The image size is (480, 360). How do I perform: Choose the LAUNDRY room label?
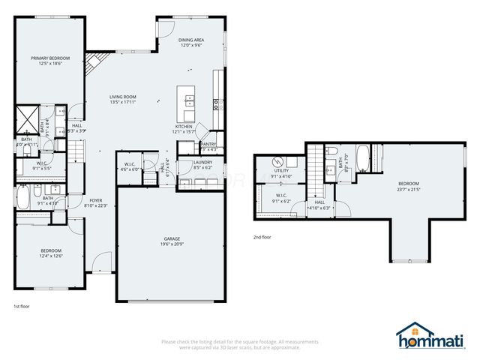[x=202, y=162]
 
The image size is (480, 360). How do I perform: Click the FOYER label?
[x=96, y=200]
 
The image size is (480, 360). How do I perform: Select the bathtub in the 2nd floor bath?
[x=362, y=160]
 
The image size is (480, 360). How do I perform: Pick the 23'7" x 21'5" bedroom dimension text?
[x=409, y=189]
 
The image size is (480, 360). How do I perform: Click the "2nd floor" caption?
[x=262, y=237]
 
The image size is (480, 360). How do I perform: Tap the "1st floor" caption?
[x=22, y=307]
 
